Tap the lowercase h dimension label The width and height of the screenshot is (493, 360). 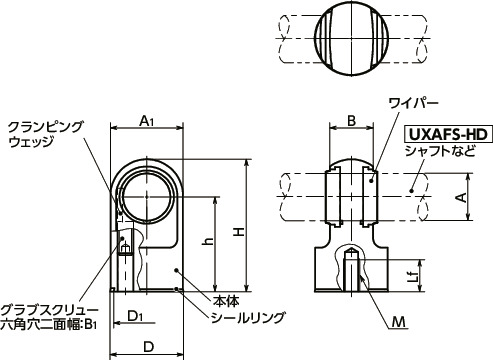pos(206,241)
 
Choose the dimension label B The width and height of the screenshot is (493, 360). pos(351,121)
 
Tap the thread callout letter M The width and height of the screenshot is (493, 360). pos(399,322)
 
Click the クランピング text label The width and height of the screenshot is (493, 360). pos(46,126)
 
